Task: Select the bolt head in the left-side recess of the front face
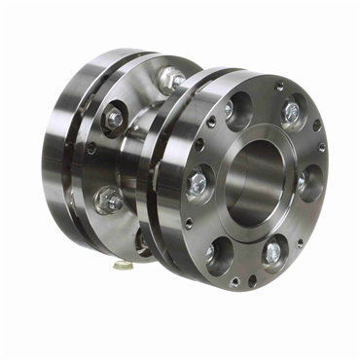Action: [x=198, y=181]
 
